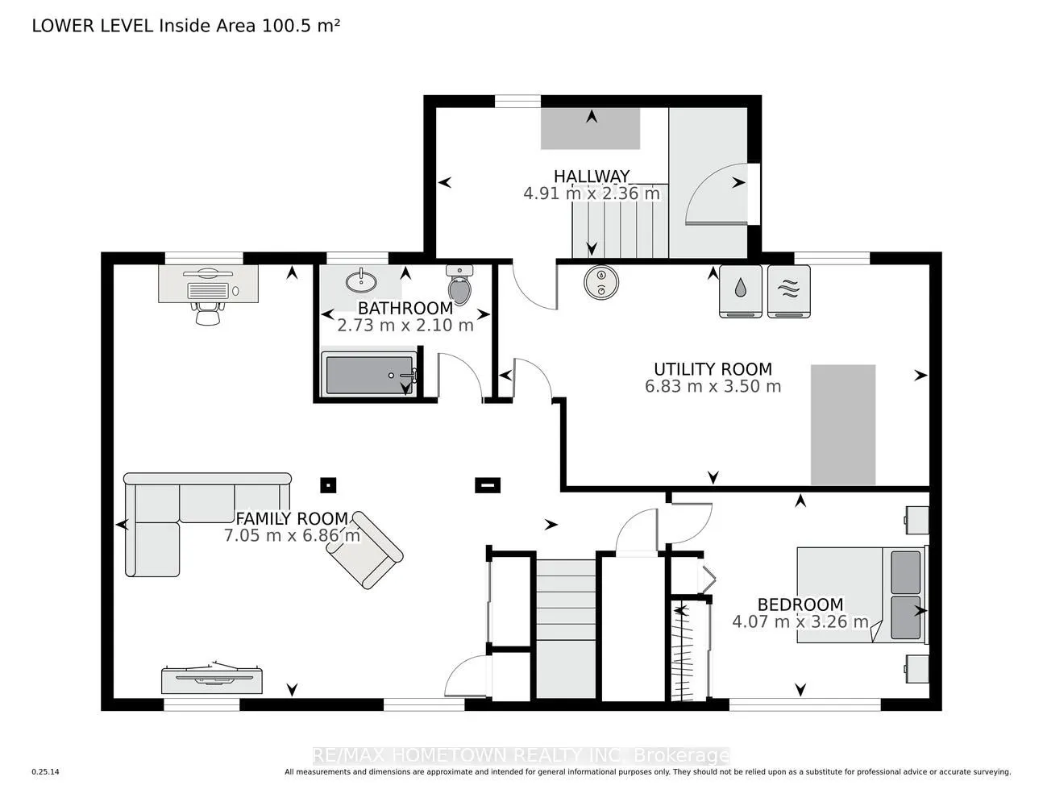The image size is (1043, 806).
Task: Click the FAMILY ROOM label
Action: pos(291,519)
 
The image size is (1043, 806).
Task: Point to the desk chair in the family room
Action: pos(207,311)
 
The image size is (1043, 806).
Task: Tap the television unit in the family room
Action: pos(212,679)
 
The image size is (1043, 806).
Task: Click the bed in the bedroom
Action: pos(858,595)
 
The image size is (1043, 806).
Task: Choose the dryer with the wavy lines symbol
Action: pos(788,291)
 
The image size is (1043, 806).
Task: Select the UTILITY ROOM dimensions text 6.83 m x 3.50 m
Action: pos(713,386)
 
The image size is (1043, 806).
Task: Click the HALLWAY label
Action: pos(591,176)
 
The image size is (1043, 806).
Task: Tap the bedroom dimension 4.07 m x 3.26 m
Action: pos(800,621)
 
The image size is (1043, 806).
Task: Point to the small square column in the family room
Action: pos(328,485)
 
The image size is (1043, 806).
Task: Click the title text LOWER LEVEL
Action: pos(92,26)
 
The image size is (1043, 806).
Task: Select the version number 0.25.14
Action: pos(46,772)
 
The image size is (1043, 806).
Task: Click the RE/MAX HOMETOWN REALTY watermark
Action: pos(521,755)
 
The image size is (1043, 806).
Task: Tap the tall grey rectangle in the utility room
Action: pos(842,425)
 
